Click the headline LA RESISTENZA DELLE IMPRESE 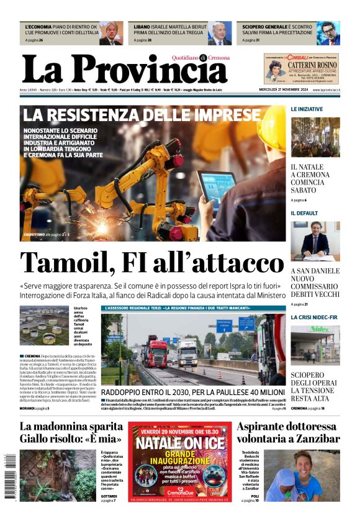click(142, 116)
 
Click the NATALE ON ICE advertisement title click(181, 443)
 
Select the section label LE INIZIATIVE click(307, 109)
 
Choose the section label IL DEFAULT click(304, 213)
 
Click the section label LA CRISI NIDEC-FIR click(314, 317)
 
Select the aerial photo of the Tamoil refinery click(45, 325)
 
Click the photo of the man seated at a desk click(315, 241)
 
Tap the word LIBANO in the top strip click(142, 27)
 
